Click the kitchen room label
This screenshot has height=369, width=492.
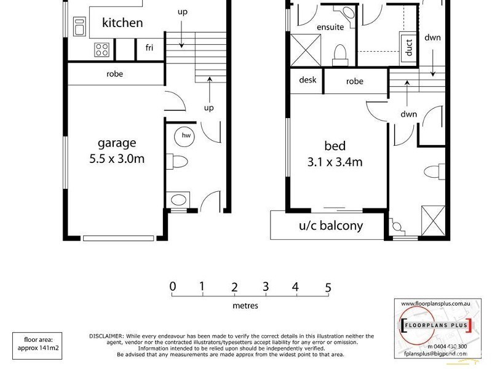(122, 23)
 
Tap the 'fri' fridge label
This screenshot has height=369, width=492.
(149, 48)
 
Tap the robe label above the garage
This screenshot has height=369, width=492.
(114, 74)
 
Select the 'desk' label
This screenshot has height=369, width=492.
(307, 81)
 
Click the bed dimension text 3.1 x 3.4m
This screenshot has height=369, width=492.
(335, 162)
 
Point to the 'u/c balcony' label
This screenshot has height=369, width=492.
(330, 226)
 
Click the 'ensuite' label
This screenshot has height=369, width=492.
(330, 27)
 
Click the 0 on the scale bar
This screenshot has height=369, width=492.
(173, 287)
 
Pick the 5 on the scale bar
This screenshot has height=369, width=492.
(328, 287)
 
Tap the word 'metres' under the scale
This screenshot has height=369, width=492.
(245, 306)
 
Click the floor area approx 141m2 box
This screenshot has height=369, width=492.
(39, 343)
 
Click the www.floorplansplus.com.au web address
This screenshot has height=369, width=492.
(435, 304)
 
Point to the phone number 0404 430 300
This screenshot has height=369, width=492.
(442, 346)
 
